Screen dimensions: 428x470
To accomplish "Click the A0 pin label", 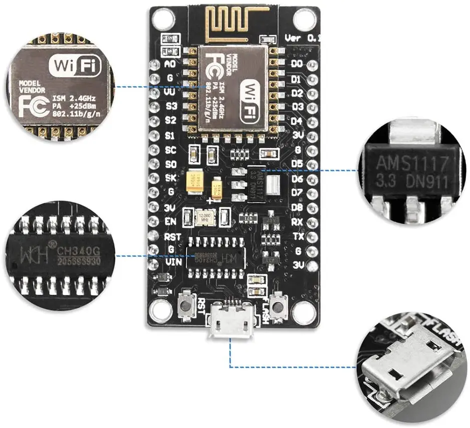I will [x=170, y=64].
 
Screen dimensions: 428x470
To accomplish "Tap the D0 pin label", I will [x=297, y=64].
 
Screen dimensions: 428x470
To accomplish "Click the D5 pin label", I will [x=297, y=164].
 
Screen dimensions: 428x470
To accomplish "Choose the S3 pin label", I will [x=171, y=106].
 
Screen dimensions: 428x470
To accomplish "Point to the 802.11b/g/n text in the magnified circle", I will [x=76, y=114].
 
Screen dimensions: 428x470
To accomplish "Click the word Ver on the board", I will [x=294, y=38].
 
